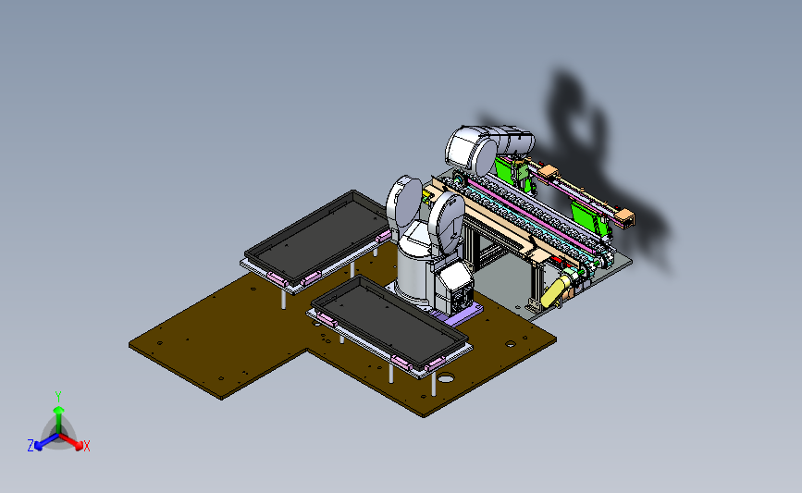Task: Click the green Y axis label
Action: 58,397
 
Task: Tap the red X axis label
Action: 86,446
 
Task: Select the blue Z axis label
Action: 31,446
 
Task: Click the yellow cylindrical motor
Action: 555,290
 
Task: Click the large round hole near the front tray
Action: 446,378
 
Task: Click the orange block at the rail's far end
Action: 625,217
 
